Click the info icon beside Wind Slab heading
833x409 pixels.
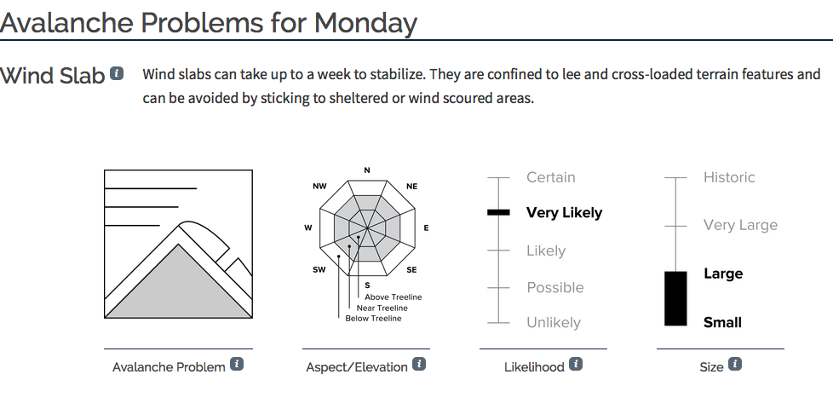117,73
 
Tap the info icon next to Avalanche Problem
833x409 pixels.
237,365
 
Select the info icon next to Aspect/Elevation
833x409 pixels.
419,365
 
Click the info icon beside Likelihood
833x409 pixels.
576,365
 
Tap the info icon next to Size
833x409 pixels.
735,365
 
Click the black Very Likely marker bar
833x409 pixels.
498,212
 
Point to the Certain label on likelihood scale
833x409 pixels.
551,177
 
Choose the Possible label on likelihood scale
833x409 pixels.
555,288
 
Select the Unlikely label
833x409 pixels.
554,322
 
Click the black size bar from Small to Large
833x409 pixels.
675,298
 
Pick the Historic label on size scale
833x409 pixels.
729,177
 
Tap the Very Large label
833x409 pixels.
740,225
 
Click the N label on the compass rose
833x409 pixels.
366,170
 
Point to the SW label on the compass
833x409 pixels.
319,270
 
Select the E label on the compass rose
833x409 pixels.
426,228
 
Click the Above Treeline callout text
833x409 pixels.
394,297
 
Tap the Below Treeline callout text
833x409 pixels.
373,319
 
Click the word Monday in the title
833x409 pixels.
365,23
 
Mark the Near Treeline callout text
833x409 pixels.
382,308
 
